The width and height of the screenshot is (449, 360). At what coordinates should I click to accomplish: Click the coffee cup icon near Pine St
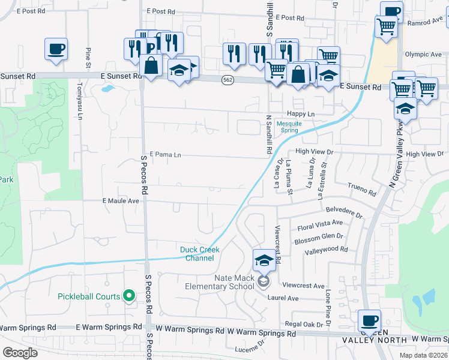click(x=56, y=49)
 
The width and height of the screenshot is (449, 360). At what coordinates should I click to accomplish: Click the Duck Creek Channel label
click(x=200, y=254)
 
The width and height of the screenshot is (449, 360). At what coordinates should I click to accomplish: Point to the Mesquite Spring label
click(x=295, y=128)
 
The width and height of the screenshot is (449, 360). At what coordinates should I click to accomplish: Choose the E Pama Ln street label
click(x=165, y=155)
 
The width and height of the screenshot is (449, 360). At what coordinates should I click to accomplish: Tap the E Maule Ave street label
click(x=121, y=200)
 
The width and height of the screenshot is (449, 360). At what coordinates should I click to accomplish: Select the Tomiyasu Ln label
click(x=79, y=99)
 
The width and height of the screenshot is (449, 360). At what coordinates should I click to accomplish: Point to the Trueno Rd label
click(x=362, y=190)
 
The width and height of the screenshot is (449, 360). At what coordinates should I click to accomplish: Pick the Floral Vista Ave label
click(x=320, y=225)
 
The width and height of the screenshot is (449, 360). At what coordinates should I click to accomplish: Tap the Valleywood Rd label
click(x=327, y=249)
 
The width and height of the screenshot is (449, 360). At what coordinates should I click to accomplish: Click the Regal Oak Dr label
click(x=306, y=324)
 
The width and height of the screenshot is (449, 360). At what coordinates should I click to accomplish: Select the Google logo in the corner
click(x=20, y=352)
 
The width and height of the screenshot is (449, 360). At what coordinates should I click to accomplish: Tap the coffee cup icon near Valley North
click(x=369, y=320)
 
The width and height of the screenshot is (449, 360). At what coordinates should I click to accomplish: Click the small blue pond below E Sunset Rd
click(x=107, y=89)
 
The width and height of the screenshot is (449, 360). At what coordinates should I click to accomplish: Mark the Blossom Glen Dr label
click(x=318, y=238)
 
